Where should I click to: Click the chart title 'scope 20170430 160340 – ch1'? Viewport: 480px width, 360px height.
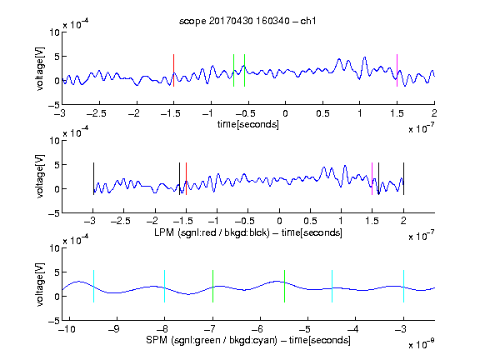247,21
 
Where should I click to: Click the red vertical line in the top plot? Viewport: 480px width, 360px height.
173,70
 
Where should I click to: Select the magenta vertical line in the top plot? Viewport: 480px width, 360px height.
397,70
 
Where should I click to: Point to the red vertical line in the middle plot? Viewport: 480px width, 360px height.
186,179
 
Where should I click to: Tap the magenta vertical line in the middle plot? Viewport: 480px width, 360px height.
372,179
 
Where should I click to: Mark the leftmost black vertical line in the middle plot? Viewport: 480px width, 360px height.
93,179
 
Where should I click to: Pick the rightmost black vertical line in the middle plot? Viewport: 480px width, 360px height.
403,179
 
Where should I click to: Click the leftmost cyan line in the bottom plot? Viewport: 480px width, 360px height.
93,286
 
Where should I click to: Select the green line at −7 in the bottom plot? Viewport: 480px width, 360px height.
212,286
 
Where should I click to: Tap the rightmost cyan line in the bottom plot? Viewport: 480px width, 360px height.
403,286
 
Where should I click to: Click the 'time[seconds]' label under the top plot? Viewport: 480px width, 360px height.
248,125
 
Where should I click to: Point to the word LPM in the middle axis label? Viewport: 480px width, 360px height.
164,232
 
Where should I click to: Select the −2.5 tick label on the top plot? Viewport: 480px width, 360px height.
96,113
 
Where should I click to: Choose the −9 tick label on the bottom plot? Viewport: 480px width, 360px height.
113,329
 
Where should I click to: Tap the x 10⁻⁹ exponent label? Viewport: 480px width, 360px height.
421,344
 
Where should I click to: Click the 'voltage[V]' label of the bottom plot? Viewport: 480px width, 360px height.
40,285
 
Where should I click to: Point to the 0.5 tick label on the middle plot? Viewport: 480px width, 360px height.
310,221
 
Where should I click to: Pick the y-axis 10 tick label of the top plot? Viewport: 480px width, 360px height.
55,32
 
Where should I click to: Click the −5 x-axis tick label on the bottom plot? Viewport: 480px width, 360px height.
304,329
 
